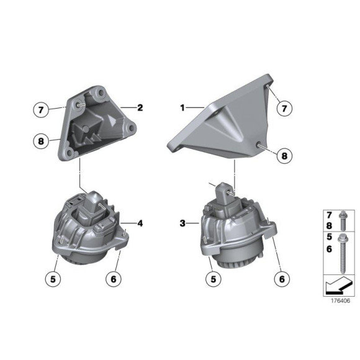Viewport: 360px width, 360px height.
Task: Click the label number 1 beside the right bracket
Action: coord(182,107)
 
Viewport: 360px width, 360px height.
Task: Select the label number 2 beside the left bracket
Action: coord(140,107)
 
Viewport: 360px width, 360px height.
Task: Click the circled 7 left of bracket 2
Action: coord(40,110)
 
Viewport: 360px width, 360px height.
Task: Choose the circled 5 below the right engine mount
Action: coord(214,280)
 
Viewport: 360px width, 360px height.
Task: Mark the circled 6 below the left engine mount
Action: coord(114,280)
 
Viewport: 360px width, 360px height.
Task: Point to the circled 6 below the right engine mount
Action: coord(282,280)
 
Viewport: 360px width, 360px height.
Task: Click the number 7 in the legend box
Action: coord(330,215)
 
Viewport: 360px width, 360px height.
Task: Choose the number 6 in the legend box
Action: coord(330,250)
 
